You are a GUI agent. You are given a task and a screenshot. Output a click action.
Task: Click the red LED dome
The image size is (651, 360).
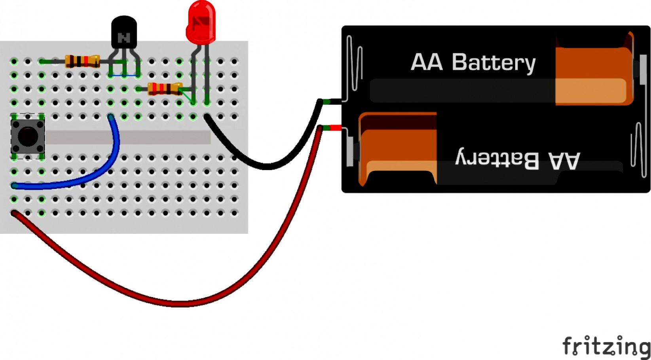click(201, 22)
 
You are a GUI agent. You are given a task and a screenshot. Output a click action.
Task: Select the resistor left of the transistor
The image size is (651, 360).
click(82, 61)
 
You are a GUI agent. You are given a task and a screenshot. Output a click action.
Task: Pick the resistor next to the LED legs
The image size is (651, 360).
click(165, 89)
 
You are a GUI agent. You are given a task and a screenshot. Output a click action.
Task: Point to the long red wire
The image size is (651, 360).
click(178, 303)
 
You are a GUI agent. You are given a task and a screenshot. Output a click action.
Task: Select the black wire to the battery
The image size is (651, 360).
click(269, 166)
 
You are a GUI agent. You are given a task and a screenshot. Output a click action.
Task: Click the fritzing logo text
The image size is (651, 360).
click(605, 346)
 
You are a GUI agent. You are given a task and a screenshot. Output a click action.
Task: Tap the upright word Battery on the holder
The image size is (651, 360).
click(493, 63)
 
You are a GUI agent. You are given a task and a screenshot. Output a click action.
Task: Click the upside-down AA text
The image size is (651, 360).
click(564, 160)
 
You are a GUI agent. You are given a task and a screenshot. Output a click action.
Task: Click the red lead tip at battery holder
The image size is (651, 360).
click(336, 127)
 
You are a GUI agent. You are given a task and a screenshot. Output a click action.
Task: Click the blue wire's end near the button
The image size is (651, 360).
click(15, 185)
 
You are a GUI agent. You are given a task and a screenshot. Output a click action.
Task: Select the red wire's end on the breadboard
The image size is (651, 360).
click(15, 213)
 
